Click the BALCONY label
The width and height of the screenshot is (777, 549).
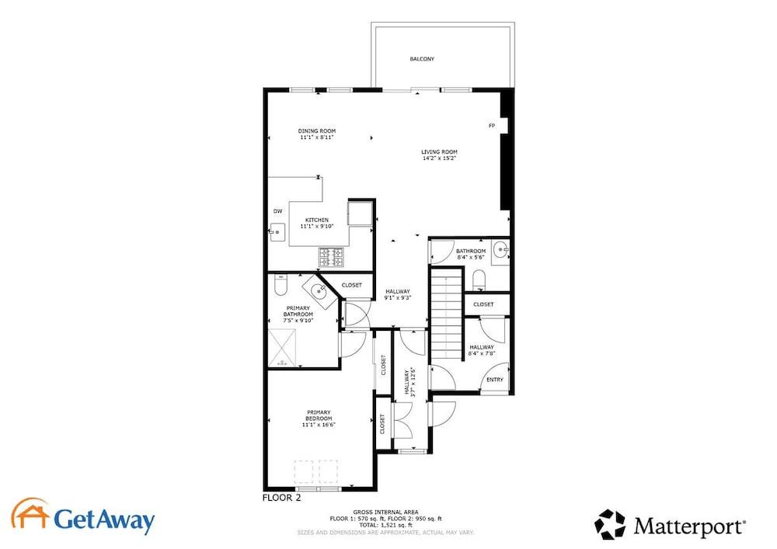(x=422, y=59)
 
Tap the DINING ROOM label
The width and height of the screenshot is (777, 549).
(x=317, y=131)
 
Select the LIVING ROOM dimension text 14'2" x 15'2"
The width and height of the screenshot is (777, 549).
(x=439, y=158)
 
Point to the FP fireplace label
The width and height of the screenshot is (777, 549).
(x=492, y=126)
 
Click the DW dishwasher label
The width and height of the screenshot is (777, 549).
(x=278, y=211)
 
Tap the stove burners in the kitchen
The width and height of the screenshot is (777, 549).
(x=331, y=257)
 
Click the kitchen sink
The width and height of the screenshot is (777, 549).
(x=277, y=231)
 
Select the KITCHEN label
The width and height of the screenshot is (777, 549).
(x=317, y=221)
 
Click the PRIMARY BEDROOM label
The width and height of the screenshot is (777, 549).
(x=319, y=415)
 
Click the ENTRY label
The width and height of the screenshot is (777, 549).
(x=494, y=380)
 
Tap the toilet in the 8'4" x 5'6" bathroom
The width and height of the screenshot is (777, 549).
(x=479, y=280)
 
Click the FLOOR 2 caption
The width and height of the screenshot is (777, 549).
(x=281, y=498)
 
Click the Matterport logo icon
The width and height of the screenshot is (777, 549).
(x=611, y=524)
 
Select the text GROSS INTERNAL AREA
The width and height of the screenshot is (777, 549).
(x=385, y=512)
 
